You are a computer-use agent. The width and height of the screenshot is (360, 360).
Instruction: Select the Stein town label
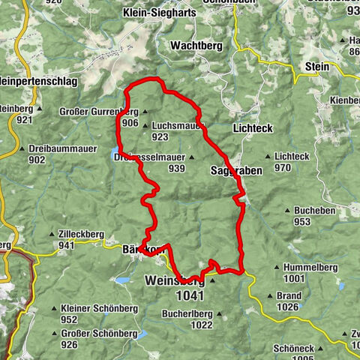318,67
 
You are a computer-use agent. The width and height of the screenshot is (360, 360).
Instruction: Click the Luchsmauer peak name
177,125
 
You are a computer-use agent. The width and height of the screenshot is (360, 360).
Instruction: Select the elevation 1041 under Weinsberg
186,295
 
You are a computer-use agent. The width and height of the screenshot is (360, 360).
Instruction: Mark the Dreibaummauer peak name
58,148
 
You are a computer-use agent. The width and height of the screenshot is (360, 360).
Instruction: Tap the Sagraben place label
236,171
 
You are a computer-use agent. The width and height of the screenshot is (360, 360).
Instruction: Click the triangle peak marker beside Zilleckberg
51,233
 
